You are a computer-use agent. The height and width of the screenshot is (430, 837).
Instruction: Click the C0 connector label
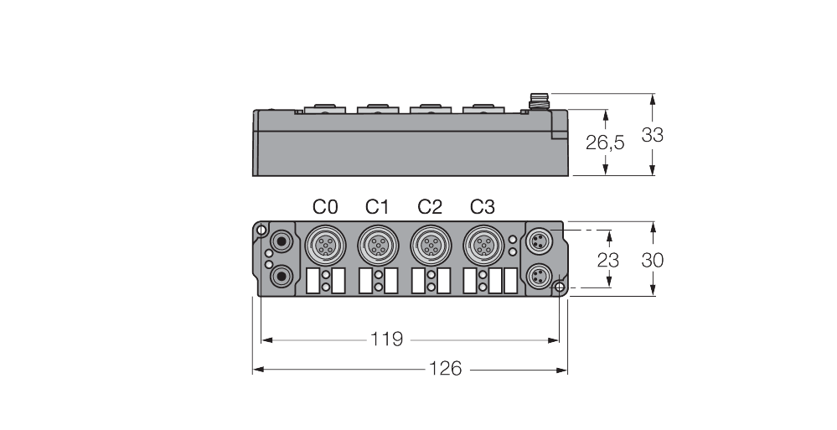pyautogui.click(x=326, y=207)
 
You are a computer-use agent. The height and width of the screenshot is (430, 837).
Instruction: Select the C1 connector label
pyautogui.click(x=378, y=207)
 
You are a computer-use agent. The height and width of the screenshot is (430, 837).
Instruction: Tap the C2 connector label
pyautogui.click(x=430, y=207)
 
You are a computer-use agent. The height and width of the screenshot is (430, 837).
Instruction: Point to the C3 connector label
pyautogui.click(x=482, y=207)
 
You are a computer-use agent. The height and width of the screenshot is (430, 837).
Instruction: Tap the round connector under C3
pyautogui.click(x=481, y=245)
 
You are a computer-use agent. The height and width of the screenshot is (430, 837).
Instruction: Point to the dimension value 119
pyautogui.click(x=387, y=339)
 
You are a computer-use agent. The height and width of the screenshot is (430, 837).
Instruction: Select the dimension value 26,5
pyautogui.click(x=605, y=143)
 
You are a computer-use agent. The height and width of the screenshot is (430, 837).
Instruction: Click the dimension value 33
pyautogui.click(x=652, y=135)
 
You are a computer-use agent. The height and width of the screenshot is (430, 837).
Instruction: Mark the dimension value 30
pyautogui.click(x=652, y=260)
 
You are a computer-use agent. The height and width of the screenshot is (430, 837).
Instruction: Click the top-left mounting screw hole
pyautogui.click(x=262, y=231)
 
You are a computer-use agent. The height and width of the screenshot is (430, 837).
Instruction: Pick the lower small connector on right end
pyautogui.click(x=536, y=274)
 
